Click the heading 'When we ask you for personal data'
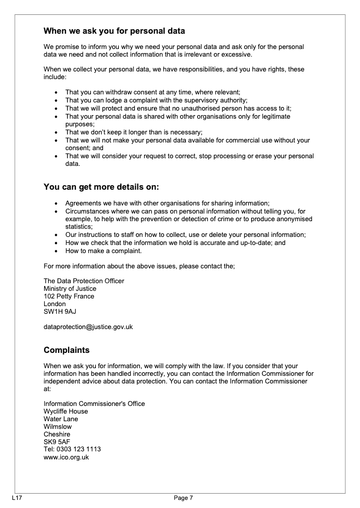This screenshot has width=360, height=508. click(x=114, y=31)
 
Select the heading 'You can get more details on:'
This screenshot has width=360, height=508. click(x=101, y=187)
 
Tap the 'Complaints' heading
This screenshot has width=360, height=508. click(x=67, y=350)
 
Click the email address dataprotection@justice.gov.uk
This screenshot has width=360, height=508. click(x=88, y=327)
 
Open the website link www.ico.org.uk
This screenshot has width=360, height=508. click(x=66, y=457)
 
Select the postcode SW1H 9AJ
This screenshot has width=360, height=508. click(x=57, y=312)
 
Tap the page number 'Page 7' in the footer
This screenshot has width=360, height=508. click(x=184, y=498)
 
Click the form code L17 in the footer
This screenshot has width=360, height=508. click(x=17, y=498)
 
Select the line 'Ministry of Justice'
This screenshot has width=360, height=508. click(x=70, y=289)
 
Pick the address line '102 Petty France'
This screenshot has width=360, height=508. click(x=69, y=296)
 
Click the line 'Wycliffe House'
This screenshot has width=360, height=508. click(x=66, y=411)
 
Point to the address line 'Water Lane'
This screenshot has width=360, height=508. click(x=61, y=419)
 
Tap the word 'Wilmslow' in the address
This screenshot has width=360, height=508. click(x=58, y=427)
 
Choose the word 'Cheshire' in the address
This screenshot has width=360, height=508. click(x=57, y=434)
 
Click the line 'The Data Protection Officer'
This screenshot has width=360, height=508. click(x=84, y=281)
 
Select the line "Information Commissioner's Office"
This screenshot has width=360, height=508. click(x=94, y=404)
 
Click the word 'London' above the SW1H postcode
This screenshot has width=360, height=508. click(x=54, y=304)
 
